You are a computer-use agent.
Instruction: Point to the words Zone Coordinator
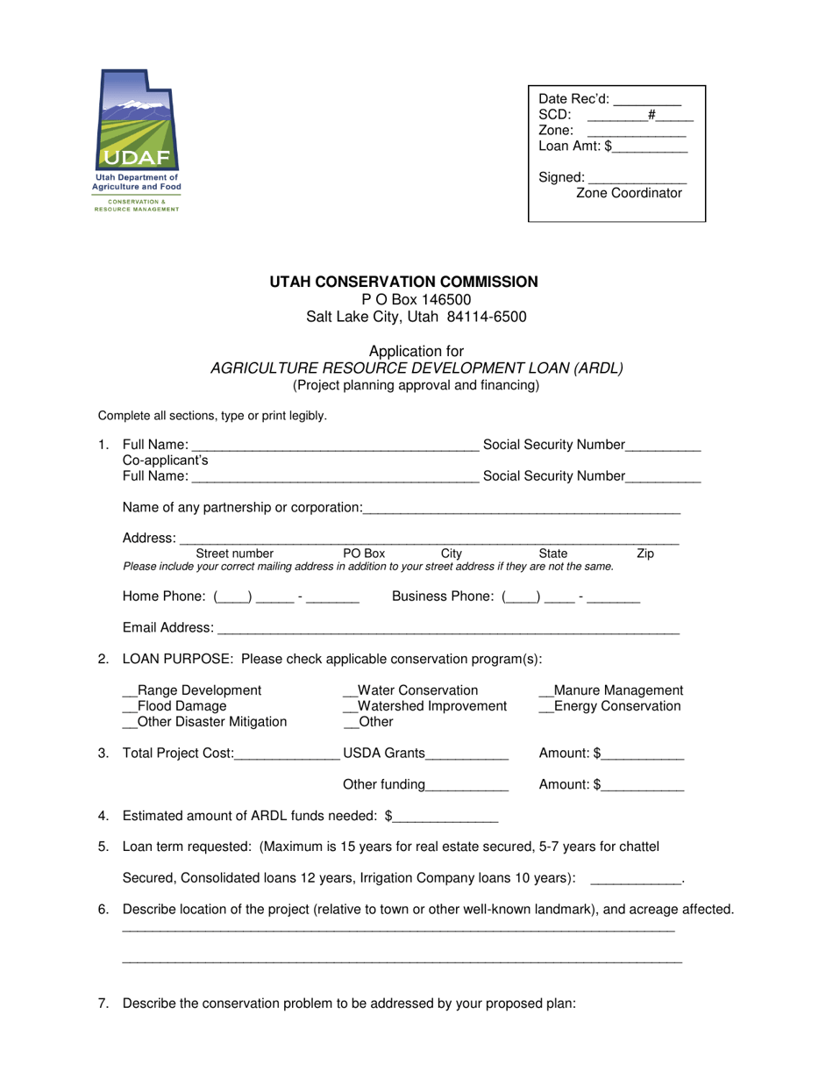(x=629, y=194)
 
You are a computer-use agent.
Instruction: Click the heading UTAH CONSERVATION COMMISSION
(x=404, y=282)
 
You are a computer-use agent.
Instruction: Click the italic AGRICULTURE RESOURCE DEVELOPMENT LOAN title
(x=416, y=368)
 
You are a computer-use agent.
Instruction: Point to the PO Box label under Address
(x=364, y=554)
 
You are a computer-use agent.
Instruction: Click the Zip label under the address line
(x=644, y=554)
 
